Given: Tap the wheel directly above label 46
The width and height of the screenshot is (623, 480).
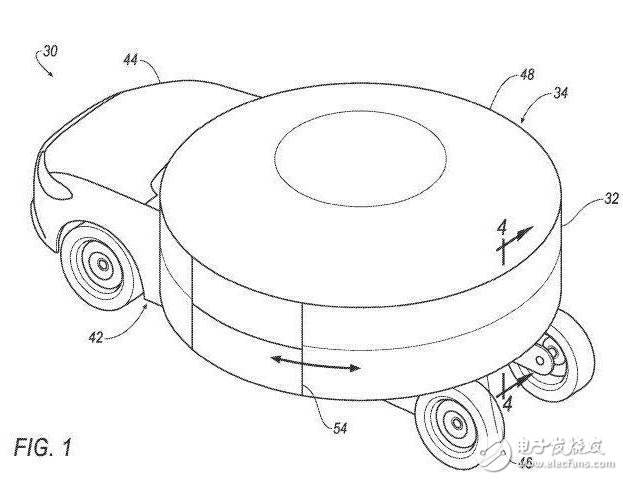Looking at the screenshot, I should point(455,424).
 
